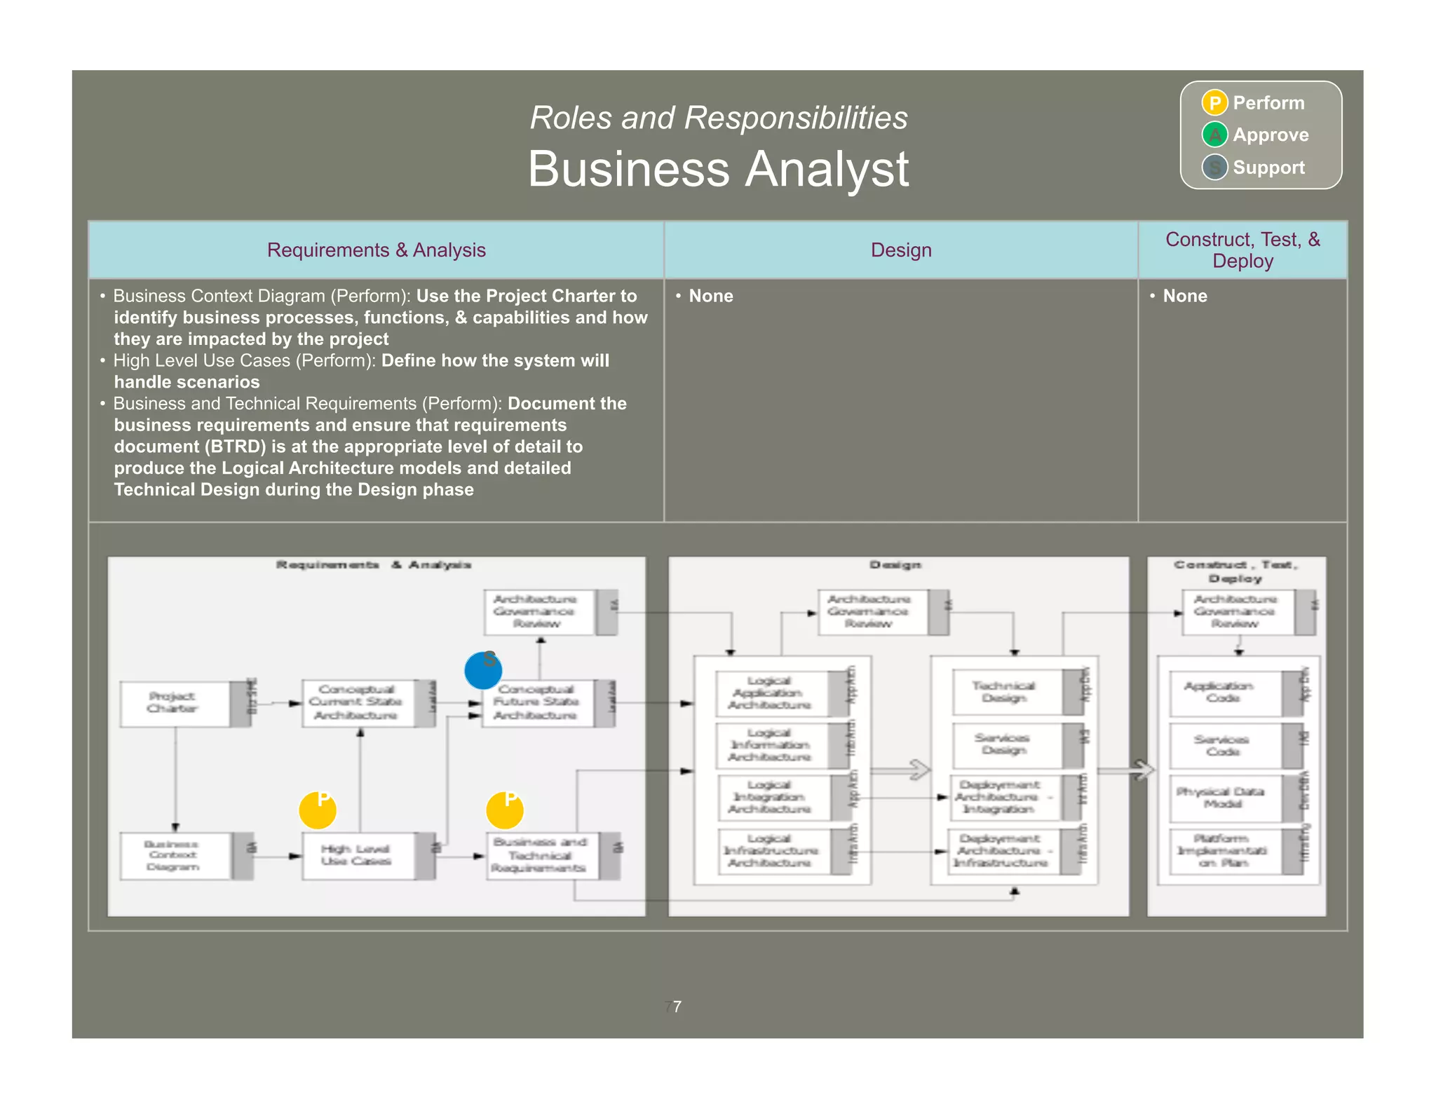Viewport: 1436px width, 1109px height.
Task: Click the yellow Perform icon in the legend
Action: click(1214, 103)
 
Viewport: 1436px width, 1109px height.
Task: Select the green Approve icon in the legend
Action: click(1214, 135)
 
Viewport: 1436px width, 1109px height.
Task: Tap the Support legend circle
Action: click(1214, 167)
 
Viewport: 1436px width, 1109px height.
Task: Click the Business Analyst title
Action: click(718, 169)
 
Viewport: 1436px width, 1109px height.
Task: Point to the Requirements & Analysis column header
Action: click(376, 250)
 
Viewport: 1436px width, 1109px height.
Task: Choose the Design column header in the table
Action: click(901, 250)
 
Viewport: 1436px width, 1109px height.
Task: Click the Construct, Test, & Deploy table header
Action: click(1242, 250)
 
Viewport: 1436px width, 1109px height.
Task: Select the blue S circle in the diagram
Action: click(483, 670)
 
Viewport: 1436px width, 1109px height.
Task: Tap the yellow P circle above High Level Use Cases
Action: click(318, 810)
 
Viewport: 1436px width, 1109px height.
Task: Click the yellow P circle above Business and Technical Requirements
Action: click(505, 810)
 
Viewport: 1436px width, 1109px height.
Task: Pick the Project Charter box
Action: click(174, 703)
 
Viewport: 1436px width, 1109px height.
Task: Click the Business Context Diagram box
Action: click(174, 855)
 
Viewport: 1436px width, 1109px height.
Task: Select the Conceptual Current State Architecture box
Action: click(357, 702)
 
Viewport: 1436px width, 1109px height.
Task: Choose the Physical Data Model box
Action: click(1224, 798)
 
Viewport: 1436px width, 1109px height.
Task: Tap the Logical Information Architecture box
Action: click(771, 745)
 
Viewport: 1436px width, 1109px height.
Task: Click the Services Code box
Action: click(1224, 745)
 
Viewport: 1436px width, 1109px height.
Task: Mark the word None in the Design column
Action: click(711, 296)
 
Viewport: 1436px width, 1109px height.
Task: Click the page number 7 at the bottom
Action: click(677, 1007)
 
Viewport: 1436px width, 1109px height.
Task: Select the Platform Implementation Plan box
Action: click(1224, 851)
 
